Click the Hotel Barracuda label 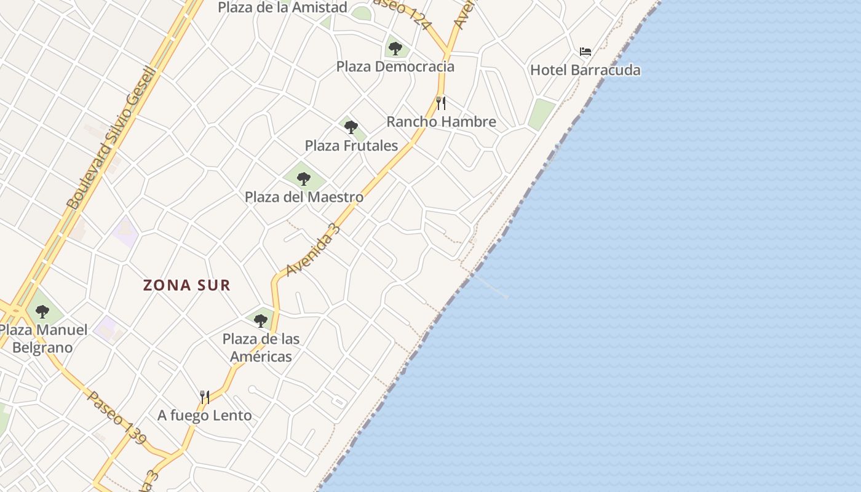[x=585, y=70]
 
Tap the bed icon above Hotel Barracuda [x=585, y=51]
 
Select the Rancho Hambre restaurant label [x=441, y=122]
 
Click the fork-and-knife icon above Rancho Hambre [x=440, y=103]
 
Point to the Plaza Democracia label [x=395, y=66]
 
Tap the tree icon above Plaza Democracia [x=395, y=48]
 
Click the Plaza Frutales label [x=351, y=146]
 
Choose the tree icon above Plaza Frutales [x=351, y=127]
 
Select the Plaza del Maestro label [x=304, y=197]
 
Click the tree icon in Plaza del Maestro [x=303, y=179]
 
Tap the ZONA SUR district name [x=187, y=285]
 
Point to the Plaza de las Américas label [x=261, y=347]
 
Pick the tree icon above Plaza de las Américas [x=261, y=320]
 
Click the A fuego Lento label [x=204, y=416]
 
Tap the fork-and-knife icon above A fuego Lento [x=205, y=397]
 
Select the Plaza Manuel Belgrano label [x=43, y=339]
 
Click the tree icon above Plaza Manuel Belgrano [x=42, y=312]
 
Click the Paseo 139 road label [x=117, y=418]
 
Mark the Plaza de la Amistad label [x=282, y=7]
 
